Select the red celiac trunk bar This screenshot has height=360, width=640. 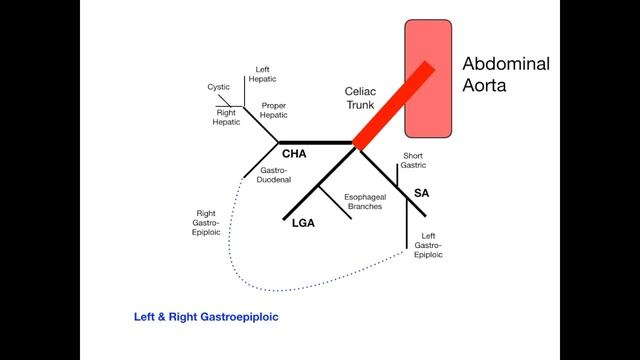(390, 105)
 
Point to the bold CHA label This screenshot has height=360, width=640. (294, 155)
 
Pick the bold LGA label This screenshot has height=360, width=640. (301, 225)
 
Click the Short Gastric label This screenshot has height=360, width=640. (413, 161)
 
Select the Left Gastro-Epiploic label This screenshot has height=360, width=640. (427, 244)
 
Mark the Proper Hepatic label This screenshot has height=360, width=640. (274, 110)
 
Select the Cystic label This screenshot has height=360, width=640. (219, 87)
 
